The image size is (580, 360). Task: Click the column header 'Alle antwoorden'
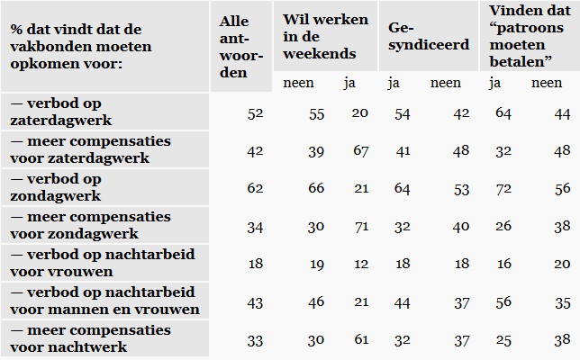pyautogui.click(x=241, y=46)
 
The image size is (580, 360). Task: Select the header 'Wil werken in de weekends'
pyautogui.click(x=319, y=36)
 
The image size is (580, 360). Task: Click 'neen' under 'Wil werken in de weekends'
pyautogui.click(x=297, y=84)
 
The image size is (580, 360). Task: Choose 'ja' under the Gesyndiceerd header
pyautogui.click(x=393, y=84)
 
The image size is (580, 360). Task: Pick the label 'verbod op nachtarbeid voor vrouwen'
pyautogui.click(x=81, y=263)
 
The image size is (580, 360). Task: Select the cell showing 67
pyautogui.click(x=361, y=150)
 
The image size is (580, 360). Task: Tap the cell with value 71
pyautogui.click(x=361, y=226)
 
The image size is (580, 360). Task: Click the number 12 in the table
pyautogui.click(x=361, y=264)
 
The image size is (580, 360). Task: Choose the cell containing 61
pyautogui.click(x=361, y=339)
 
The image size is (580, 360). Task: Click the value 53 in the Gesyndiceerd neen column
pyautogui.click(x=460, y=188)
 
